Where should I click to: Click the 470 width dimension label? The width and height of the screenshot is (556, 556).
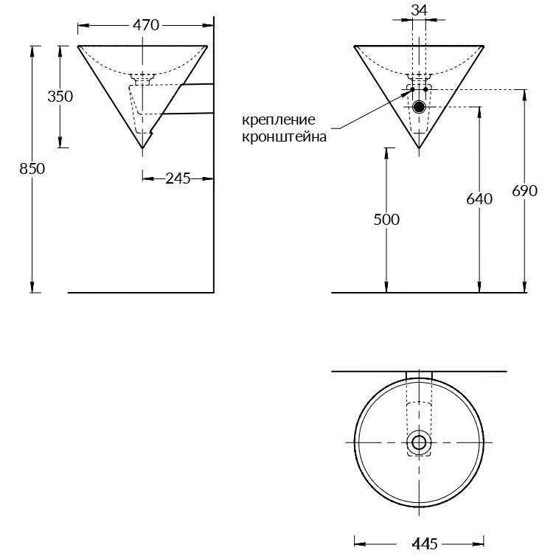point(146,25)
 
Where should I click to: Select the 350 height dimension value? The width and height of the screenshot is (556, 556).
point(60,97)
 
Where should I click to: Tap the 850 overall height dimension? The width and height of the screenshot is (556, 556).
point(32,168)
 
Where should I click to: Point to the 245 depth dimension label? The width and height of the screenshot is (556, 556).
point(178,178)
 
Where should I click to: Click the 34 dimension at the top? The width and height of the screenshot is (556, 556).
point(419,10)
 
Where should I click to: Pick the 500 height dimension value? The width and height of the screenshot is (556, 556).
point(386,219)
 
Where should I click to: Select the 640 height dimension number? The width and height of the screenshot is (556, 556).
point(479,199)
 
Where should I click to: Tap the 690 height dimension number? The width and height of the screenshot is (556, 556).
point(524,190)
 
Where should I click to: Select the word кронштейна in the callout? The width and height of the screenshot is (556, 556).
point(284,136)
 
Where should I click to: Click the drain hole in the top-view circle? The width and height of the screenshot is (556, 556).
point(419,442)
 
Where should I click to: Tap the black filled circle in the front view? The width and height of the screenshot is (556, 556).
point(419,106)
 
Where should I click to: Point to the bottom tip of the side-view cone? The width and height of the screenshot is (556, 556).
point(142,147)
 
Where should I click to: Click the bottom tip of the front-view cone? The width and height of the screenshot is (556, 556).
point(419,147)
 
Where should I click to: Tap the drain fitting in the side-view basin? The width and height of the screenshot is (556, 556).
point(142,77)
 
